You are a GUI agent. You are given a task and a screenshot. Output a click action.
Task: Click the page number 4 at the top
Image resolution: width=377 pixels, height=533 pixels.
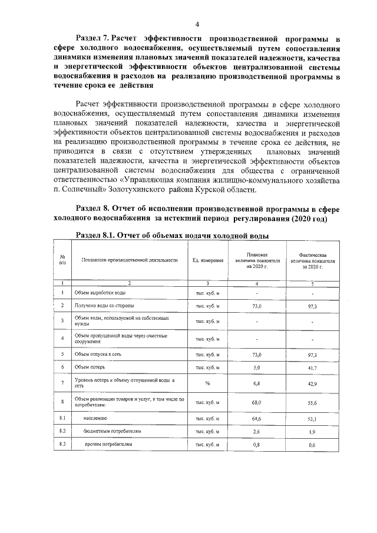click(x=197, y=24)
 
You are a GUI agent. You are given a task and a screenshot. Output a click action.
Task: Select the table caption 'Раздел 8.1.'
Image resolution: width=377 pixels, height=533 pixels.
click(x=96, y=236)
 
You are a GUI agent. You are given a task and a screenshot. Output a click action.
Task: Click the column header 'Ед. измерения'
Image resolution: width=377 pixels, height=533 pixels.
click(x=207, y=260)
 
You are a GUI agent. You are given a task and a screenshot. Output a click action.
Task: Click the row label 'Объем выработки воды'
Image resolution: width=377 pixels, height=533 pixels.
click(x=100, y=292)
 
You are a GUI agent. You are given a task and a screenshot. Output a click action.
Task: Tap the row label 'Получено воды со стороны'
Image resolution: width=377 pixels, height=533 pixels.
click(x=104, y=306)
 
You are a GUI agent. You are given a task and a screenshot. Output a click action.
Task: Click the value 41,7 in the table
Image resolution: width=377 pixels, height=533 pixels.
click(x=312, y=367)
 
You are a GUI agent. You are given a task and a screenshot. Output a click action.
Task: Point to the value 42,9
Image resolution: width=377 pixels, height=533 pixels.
click(x=312, y=383)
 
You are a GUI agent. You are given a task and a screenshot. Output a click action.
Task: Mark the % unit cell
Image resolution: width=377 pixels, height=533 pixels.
click(x=207, y=383)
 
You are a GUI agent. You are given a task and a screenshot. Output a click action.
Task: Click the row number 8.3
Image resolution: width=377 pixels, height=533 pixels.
click(x=62, y=443)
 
